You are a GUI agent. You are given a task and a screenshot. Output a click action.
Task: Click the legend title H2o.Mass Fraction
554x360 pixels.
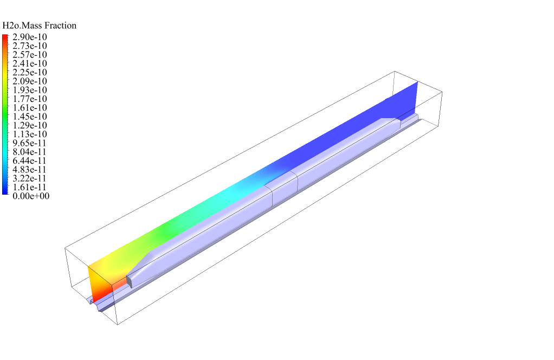click(39, 25)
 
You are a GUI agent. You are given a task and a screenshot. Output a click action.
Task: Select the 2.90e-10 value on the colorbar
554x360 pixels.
click(30, 37)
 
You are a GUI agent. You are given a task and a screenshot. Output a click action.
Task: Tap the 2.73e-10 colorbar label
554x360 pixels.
click(30, 46)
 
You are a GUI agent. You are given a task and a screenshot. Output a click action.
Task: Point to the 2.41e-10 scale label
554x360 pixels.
click(30, 63)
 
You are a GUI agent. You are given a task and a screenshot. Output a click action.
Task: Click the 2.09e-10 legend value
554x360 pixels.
click(30, 81)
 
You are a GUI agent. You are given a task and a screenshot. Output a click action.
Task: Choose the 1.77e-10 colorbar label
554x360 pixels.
click(30, 99)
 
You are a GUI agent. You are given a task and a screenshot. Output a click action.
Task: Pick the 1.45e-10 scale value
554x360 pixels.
click(30, 117)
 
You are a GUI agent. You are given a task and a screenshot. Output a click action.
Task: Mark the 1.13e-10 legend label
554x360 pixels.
click(30, 134)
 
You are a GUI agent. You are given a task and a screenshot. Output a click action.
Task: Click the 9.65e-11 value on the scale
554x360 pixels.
click(30, 143)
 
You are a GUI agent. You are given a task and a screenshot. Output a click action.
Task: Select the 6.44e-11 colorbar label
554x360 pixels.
click(30, 160)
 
